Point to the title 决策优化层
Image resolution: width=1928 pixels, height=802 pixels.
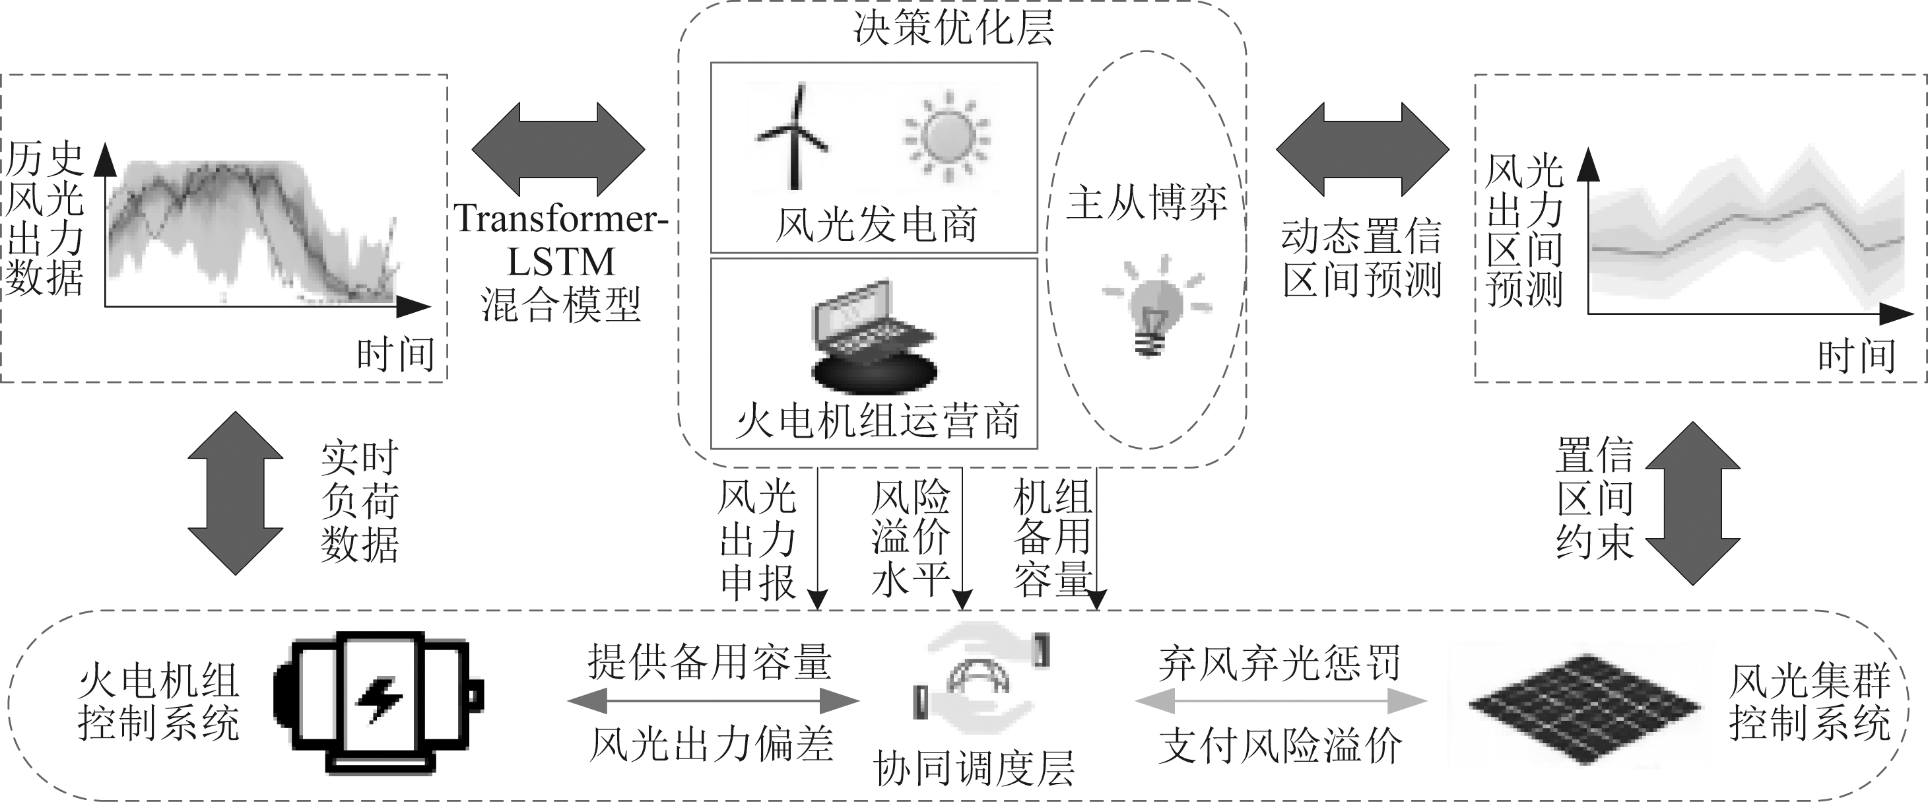(x=954, y=28)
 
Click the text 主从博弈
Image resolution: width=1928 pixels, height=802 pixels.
(x=1146, y=202)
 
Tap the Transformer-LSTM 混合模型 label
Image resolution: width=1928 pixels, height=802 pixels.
(x=560, y=262)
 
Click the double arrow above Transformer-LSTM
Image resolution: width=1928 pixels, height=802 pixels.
(x=558, y=149)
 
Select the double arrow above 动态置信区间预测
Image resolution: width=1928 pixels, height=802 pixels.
(x=1362, y=150)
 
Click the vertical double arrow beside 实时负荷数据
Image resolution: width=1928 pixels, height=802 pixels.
(x=235, y=492)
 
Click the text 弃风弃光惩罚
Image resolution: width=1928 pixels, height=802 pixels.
(x=1280, y=663)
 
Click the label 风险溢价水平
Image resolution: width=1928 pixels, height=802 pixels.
(x=910, y=538)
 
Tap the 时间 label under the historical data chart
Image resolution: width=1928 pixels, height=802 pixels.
(x=395, y=354)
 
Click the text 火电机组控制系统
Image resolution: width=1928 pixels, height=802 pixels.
(x=158, y=702)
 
